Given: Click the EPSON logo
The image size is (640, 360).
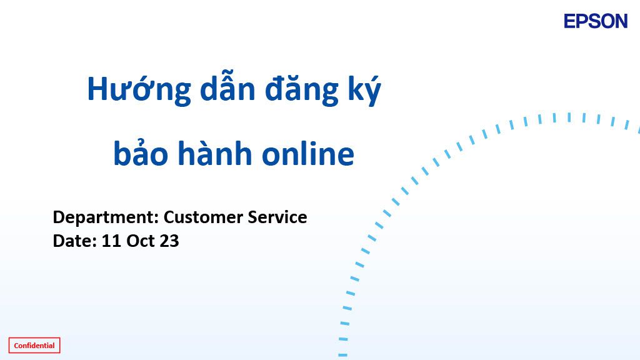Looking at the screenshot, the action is coord(596,21).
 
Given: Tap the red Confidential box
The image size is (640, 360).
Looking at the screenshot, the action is coord(34,345).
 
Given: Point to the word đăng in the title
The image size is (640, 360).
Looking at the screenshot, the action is coord(302,89).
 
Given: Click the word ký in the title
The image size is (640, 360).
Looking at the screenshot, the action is coord(364,89).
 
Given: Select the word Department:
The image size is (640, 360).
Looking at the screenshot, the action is coord(106,217).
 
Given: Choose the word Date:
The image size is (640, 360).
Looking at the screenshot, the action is coord(75,241).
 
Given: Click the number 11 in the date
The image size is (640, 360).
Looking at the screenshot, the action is coord(111,241).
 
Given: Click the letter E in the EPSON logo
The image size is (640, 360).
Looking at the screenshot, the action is coord(570,21).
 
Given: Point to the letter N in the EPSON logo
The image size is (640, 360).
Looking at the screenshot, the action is coord(621,21).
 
